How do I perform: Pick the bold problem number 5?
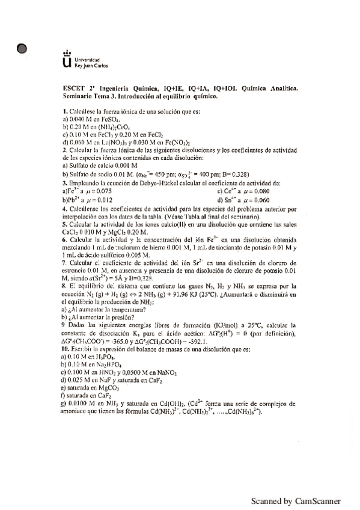coord(64,223)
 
